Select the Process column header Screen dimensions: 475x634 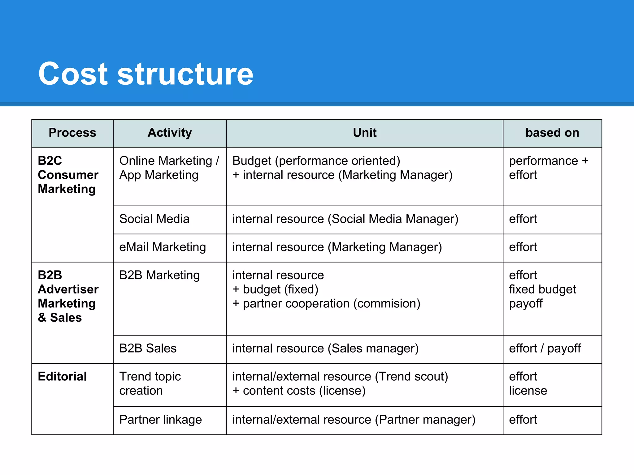pyautogui.click(x=72, y=133)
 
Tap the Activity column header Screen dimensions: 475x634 pyautogui.click(x=170, y=133)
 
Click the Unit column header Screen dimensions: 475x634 pyautogui.click(x=365, y=133)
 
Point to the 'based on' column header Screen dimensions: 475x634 pyautogui.click(x=552, y=133)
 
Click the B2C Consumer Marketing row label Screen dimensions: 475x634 pyautogui.click(x=68, y=175)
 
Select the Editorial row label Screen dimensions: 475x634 pyautogui.click(x=62, y=376)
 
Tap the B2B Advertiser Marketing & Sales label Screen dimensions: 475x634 pyautogui.click(x=68, y=296)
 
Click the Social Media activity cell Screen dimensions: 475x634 pyautogui.click(x=154, y=219)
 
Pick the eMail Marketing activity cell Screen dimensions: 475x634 pyautogui.click(x=163, y=247)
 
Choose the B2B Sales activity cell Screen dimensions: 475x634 pyautogui.click(x=148, y=349)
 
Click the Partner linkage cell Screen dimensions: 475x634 pyautogui.click(x=160, y=420)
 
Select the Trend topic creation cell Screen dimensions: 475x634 pyautogui.click(x=150, y=383)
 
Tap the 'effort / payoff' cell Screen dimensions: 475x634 pyautogui.click(x=545, y=349)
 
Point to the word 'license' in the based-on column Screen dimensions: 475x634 pyautogui.click(x=528, y=391)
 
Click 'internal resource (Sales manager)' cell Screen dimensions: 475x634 pyautogui.click(x=325, y=349)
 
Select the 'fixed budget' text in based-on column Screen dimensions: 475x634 pyautogui.click(x=542, y=289)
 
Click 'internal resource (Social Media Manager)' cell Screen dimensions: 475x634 pyautogui.click(x=345, y=219)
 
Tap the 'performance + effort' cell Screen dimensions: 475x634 pyautogui.click(x=548, y=168)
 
